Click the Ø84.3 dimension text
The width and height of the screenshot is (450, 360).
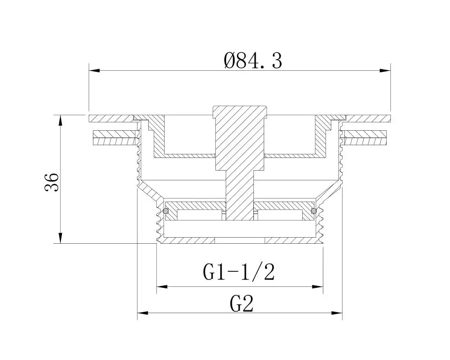pos(253,60)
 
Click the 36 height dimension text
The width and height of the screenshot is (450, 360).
pos(52,182)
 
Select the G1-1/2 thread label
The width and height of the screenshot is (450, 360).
pos(238,272)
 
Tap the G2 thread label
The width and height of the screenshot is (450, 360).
pos(242,304)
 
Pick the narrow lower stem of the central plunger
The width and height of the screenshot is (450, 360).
pos(240,197)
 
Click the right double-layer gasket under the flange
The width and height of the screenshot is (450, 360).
pos(366,137)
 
